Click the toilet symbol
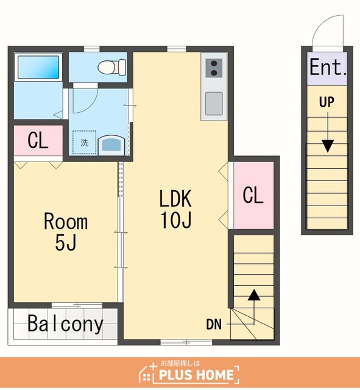pos(111,66)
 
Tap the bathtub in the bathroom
pos(38,66)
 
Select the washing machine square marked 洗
pos(84,142)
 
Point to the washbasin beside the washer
pos(111,145)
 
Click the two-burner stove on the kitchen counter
pos(214,68)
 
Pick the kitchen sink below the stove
pos(214,104)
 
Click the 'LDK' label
pos(175,199)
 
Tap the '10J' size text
pos(176,220)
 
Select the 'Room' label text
pos(66,221)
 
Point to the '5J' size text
pos(65,243)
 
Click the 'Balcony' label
pos(65,324)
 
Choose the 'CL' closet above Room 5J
pos(38,140)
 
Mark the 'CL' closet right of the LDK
pos(253,195)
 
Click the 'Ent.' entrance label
pos(328,66)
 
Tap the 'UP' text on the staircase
pos(326,102)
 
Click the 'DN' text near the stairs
pos(214,324)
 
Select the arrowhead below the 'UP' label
pos(328,146)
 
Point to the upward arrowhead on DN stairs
pos(254,295)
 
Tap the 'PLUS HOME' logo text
pos(196,375)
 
